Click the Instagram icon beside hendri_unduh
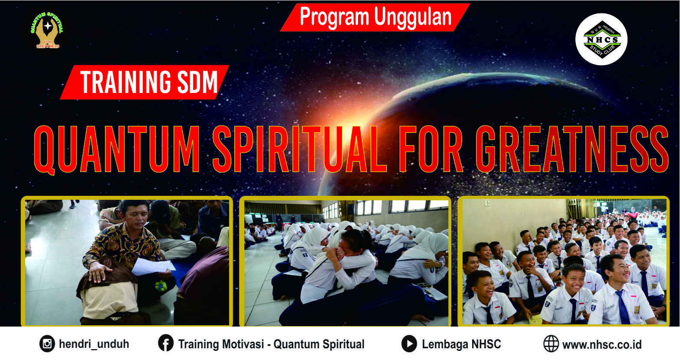[47, 344]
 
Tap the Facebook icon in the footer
[166, 343]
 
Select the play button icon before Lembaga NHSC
[409, 344]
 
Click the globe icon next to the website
[551, 344]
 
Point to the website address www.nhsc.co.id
[602, 344]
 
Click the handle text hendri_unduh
[94, 344]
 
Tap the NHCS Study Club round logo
[601, 39]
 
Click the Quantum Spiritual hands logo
[47, 30]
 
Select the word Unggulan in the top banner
[413, 17]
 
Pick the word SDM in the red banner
[197, 82]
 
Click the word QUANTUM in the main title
[117, 149]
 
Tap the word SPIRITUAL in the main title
[299, 149]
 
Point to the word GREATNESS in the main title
[572, 149]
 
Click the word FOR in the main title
[431, 149]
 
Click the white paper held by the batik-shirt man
[153, 267]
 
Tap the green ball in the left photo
[161, 286]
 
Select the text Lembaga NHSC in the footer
[461, 344]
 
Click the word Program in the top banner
[334, 17]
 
